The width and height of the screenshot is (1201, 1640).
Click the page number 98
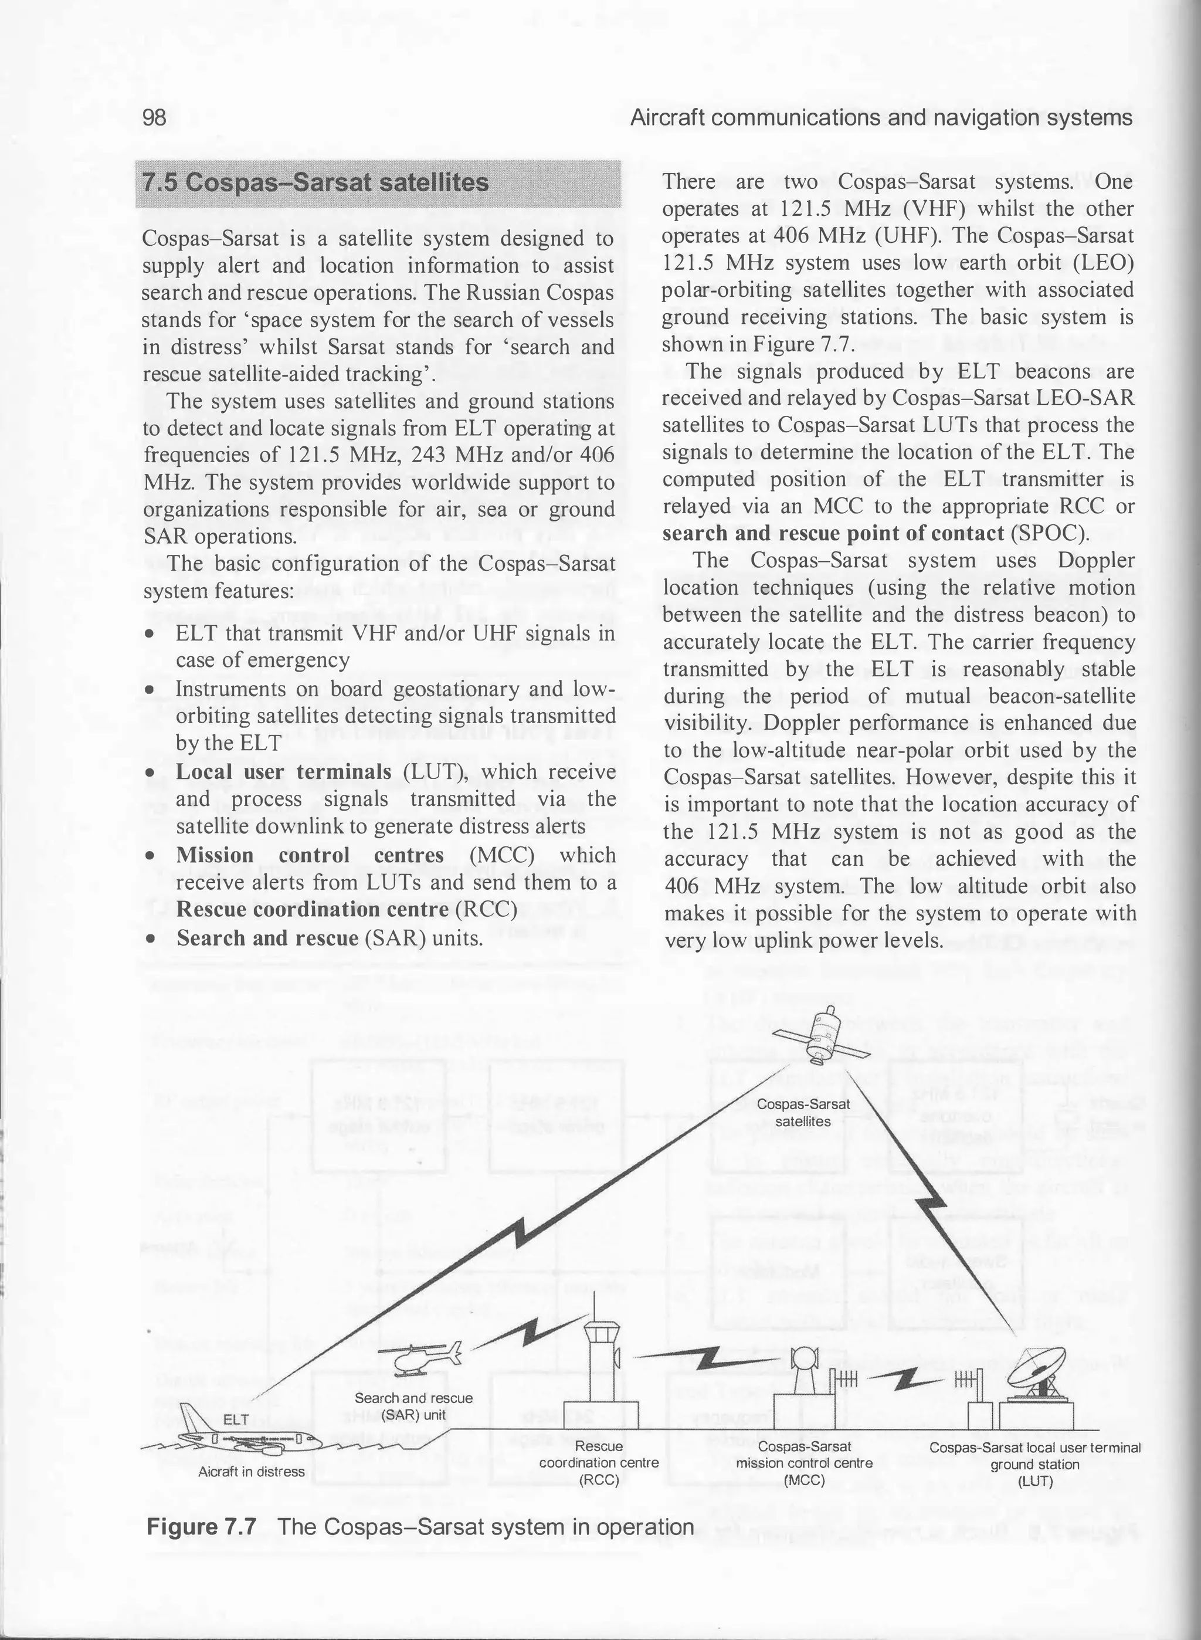154,118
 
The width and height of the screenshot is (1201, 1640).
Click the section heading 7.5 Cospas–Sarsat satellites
315,182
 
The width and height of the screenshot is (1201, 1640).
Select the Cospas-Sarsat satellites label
803,1113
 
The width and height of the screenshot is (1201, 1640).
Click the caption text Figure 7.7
201,1527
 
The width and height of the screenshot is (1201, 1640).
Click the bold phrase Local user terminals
283,771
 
